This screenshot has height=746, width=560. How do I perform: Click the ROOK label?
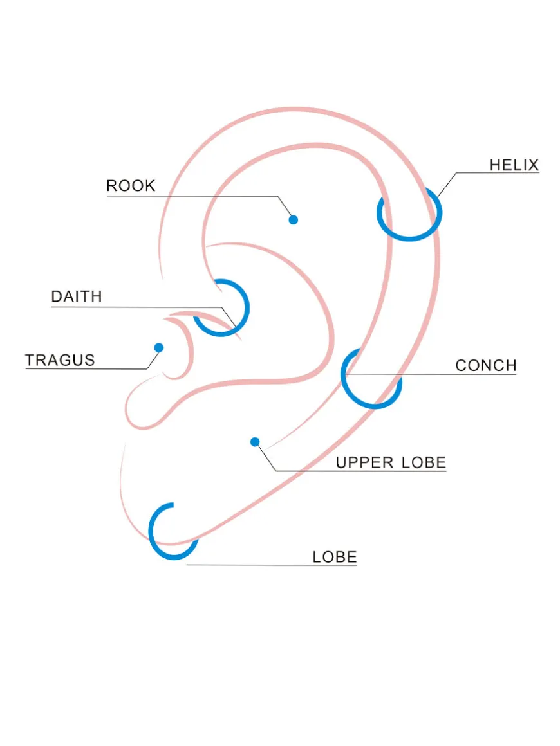[x=131, y=186]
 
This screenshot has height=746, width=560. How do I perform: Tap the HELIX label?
[x=514, y=165]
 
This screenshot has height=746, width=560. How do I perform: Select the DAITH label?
[x=77, y=296]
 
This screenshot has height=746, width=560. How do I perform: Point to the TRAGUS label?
[x=60, y=360]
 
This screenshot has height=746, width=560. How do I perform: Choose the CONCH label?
[x=486, y=365]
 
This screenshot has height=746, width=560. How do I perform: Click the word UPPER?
[x=364, y=462]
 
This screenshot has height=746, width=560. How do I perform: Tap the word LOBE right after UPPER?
[x=424, y=462]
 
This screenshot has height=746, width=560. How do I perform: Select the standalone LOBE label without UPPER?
[x=334, y=557]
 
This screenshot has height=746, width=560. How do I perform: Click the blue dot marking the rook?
[x=294, y=220]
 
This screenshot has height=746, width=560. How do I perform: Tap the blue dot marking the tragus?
[x=159, y=348]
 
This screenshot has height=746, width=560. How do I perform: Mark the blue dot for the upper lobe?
[x=255, y=442]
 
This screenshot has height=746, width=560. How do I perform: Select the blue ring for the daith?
[x=247, y=308]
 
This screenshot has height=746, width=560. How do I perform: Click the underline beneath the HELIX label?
[x=498, y=172]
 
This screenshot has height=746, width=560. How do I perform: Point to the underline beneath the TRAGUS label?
[x=86, y=368]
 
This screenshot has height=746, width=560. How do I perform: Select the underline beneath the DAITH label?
[x=136, y=307]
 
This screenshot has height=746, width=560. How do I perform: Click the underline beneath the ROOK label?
[x=192, y=196]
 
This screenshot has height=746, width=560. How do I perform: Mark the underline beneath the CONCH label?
[x=431, y=374]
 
